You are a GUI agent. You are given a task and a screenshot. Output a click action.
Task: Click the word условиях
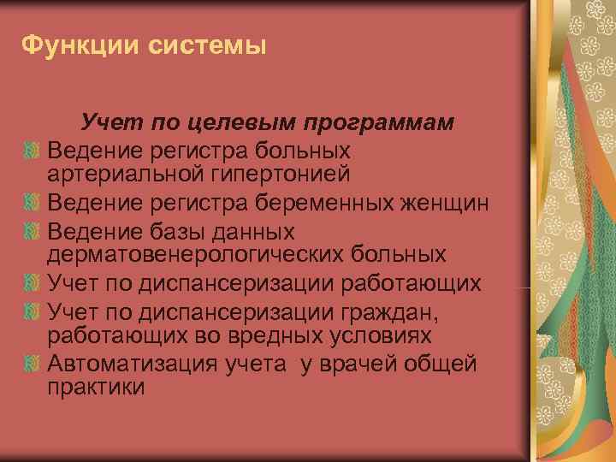(391, 335)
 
